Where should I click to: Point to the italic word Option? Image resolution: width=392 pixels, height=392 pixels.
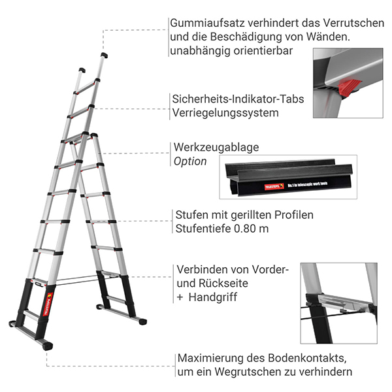point(190,161)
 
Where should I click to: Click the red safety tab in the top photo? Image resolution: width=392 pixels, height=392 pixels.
point(350,88)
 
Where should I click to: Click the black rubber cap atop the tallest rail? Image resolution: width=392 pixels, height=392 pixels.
point(104,56)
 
